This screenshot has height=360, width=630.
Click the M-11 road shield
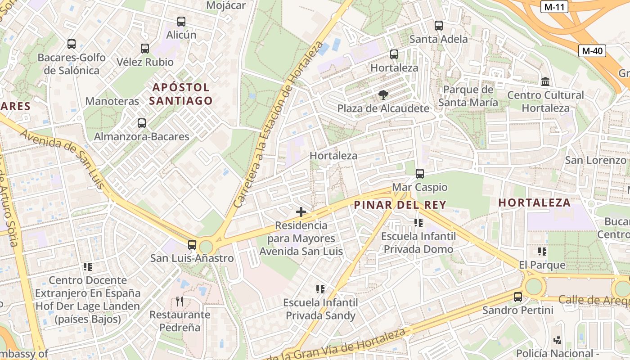pos(554,7)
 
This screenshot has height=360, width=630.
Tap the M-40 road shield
pos(592,51)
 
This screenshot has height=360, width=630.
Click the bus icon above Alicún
pos(181,21)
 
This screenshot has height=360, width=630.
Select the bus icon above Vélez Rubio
pos(144,48)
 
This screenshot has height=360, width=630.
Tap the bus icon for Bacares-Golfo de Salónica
pos(72,44)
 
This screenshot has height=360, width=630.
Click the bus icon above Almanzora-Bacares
pos(142,123)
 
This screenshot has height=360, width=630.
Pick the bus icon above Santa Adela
pos(439,26)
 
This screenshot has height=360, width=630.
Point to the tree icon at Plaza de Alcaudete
pos(383,95)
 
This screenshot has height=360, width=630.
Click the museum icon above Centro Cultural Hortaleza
pos(546,81)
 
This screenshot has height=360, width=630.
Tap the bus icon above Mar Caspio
pos(420,173)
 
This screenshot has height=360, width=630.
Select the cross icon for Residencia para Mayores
pos(301,211)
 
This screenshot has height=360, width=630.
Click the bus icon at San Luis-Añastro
pos(192,244)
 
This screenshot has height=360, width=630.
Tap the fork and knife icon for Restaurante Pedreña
pos(180,301)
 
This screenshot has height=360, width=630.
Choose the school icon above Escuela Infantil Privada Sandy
pos(320,289)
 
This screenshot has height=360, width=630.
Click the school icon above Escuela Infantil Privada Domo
pos(418,222)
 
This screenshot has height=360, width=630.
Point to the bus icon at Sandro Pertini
pos(518,297)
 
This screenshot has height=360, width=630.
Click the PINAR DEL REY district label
pos(400,205)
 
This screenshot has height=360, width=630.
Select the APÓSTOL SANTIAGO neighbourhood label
pos(180,94)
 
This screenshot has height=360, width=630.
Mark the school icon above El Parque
pos(542,251)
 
